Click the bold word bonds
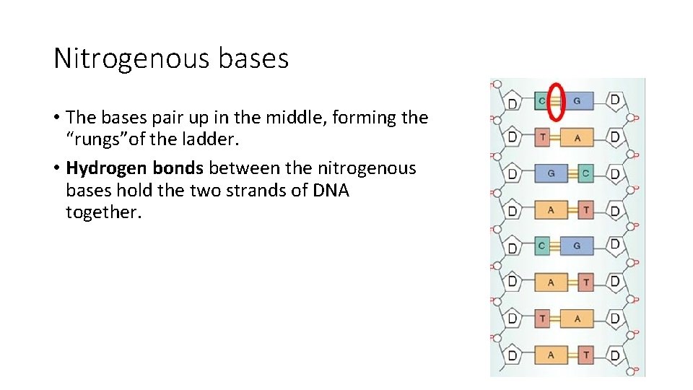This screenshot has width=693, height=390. [x=178, y=168]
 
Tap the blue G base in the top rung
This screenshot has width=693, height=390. [x=577, y=101]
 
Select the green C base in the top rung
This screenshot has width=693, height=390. [x=541, y=101]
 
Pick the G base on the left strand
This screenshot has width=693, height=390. [x=551, y=173]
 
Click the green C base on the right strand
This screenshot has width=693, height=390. [x=585, y=173]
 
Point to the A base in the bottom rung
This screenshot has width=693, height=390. [x=551, y=355]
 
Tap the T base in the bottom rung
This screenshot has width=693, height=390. [x=585, y=355]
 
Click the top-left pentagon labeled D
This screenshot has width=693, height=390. [x=513, y=102]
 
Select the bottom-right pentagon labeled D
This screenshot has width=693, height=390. [x=614, y=354]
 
